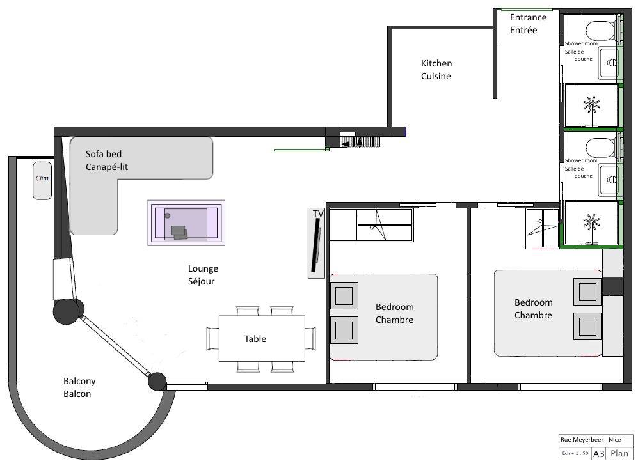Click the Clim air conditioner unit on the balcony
click(42, 181)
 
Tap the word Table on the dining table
click(255, 339)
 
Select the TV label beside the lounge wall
click(318, 214)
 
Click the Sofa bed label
click(104, 154)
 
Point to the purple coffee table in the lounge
click(186, 222)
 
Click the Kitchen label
click(436, 63)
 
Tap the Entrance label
click(528, 17)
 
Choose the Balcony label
click(79, 381)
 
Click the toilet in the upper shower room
click(601, 31)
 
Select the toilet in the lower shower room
click(601, 148)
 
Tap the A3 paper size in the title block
click(598, 453)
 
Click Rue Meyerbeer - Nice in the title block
click(591, 440)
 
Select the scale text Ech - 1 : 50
click(575, 453)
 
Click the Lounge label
click(203, 268)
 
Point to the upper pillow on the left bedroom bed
click(344, 295)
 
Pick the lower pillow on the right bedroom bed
click(587, 326)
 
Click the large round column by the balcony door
click(67, 311)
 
